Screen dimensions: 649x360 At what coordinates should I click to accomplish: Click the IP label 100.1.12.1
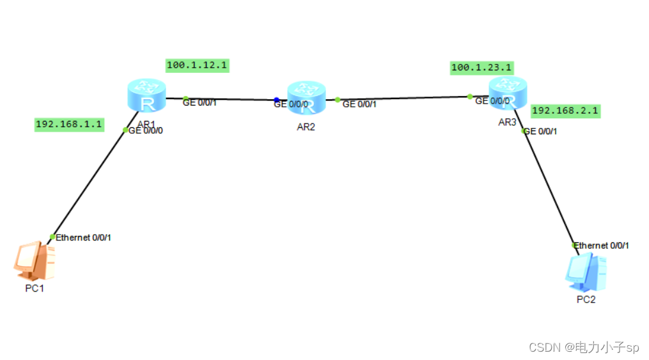197,65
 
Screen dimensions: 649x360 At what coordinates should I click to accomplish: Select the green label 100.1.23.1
481,67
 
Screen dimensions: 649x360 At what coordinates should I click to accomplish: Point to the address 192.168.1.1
69,124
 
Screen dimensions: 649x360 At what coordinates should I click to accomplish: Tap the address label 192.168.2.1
565,111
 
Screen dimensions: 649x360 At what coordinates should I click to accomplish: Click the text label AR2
306,127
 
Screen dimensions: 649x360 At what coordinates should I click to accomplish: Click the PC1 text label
33,288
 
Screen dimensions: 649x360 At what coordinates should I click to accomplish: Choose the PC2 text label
585,299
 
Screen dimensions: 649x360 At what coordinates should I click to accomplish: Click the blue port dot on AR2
276,100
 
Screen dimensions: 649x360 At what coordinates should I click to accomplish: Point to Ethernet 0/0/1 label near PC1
83,238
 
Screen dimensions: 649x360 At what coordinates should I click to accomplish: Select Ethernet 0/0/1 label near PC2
602,246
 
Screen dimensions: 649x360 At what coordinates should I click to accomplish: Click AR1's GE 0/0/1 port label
200,102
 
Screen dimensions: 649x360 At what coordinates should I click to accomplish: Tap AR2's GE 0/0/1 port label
359,104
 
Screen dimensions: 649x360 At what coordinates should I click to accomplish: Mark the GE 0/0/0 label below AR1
150,130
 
